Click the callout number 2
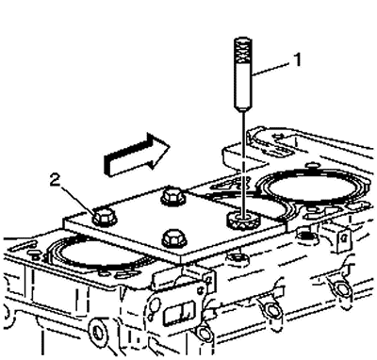point(56,181)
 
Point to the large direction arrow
point(137,154)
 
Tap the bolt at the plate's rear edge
point(173,198)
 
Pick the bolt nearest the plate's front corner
point(174,238)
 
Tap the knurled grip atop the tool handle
point(243,50)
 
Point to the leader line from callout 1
point(270,69)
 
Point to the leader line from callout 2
point(77,199)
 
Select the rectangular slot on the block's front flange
point(179,310)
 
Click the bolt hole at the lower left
point(98,331)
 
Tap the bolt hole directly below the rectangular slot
point(205,334)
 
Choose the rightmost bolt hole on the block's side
point(340,287)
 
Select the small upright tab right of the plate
point(340,238)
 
